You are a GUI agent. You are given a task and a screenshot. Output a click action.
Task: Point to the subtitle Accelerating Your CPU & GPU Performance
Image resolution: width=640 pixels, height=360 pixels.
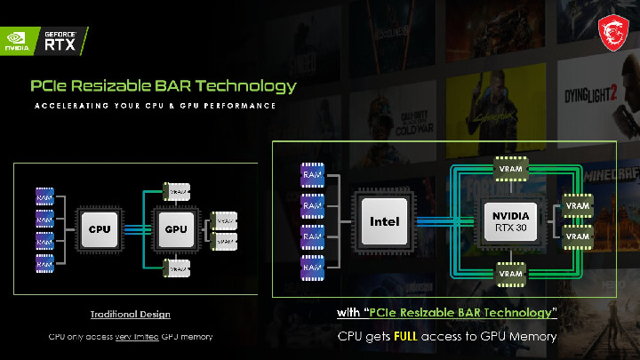pos(155,106)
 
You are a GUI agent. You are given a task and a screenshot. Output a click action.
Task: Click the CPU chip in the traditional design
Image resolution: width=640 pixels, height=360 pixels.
pos(99,228)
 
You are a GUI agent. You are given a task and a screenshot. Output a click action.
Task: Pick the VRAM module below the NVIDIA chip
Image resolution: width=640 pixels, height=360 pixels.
pos(511,274)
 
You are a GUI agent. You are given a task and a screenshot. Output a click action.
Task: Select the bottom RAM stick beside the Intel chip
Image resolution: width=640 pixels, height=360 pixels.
pos(312,264)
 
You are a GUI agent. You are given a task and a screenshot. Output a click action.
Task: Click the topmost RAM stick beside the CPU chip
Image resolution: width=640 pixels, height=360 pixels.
pos(44,193)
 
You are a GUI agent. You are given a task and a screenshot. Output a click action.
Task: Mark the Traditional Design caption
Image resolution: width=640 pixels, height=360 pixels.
pos(130,315)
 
